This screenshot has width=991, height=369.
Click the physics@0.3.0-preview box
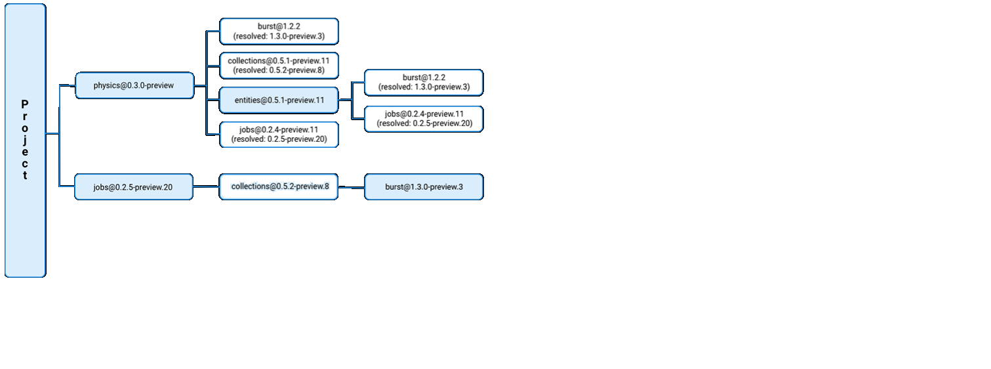coord(134,85)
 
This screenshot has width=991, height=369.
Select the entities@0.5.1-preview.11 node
coord(279,100)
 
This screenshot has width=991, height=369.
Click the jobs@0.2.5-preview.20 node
coord(133,187)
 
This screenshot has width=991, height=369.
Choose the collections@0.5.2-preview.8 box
coord(279,186)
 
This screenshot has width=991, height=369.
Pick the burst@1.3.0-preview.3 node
coord(424,187)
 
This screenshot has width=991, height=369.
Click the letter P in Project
coord(25,104)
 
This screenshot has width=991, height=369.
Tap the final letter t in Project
coord(25,175)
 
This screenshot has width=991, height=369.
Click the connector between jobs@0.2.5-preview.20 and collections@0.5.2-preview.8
coord(206,187)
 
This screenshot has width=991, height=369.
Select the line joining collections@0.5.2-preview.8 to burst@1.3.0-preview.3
coord(351,188)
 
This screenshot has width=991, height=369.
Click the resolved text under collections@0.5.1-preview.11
coord(279,70)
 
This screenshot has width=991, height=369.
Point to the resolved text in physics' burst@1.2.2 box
coord(279,35)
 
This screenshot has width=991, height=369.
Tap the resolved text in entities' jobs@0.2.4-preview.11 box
coord(424,123)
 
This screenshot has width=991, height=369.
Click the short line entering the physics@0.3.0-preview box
coord(67,85)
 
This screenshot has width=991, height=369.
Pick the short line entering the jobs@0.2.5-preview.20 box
coord(67,186)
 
